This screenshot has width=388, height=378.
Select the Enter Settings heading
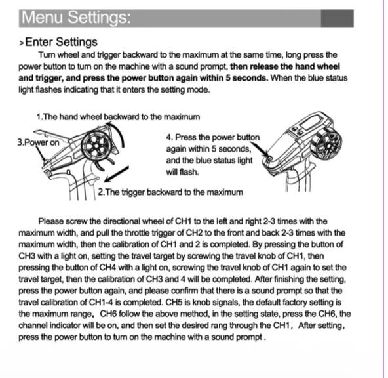(x=60, y=42)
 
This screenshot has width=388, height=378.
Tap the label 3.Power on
(x=37, y=142)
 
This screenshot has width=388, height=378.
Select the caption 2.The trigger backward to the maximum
(x=170, y=192)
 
